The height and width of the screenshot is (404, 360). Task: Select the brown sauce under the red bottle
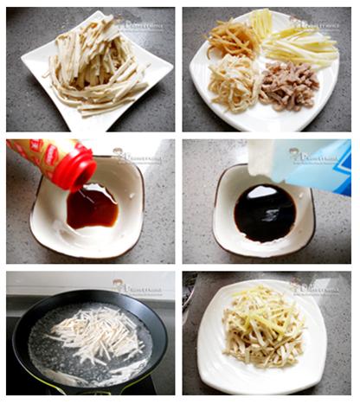(x=93, y=208)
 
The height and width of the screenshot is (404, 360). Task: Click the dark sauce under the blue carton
(x=264, y=213)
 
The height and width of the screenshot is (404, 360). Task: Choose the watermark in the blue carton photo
(x=315, y=156)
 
